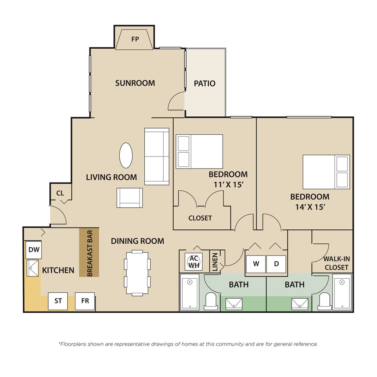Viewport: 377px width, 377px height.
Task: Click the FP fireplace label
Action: (x=135, y=39)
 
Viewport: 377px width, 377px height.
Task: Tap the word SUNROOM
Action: (x=135, y=83)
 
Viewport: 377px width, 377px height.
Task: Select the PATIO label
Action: (x=205, y=84)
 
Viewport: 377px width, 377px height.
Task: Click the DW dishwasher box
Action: (x=34, y=250)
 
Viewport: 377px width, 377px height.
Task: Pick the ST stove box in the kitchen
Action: (x=58, y=301)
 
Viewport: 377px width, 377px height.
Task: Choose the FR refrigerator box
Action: (x=85, y=301)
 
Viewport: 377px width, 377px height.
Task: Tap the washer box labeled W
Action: (x=256, y=264)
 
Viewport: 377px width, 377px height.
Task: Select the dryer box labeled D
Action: (x=276, y=264)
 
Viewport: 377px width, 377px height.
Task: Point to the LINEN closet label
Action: (x=215, y=262)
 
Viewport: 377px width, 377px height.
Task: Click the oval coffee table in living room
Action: (x=126, y=155)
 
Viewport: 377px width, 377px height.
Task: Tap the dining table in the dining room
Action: (x=137, y=273)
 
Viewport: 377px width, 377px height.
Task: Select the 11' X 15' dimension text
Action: (x=229, y=185)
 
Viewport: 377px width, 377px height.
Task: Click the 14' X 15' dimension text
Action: (x=310, y=207)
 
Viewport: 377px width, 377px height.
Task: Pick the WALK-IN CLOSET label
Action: (x=337, y=263)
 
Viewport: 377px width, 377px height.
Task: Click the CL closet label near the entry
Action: (x=60, y=193)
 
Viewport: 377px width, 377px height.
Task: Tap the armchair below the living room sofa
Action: (x=130, y=198)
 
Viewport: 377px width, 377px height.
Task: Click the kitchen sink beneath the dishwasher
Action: (x=32, y=268)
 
